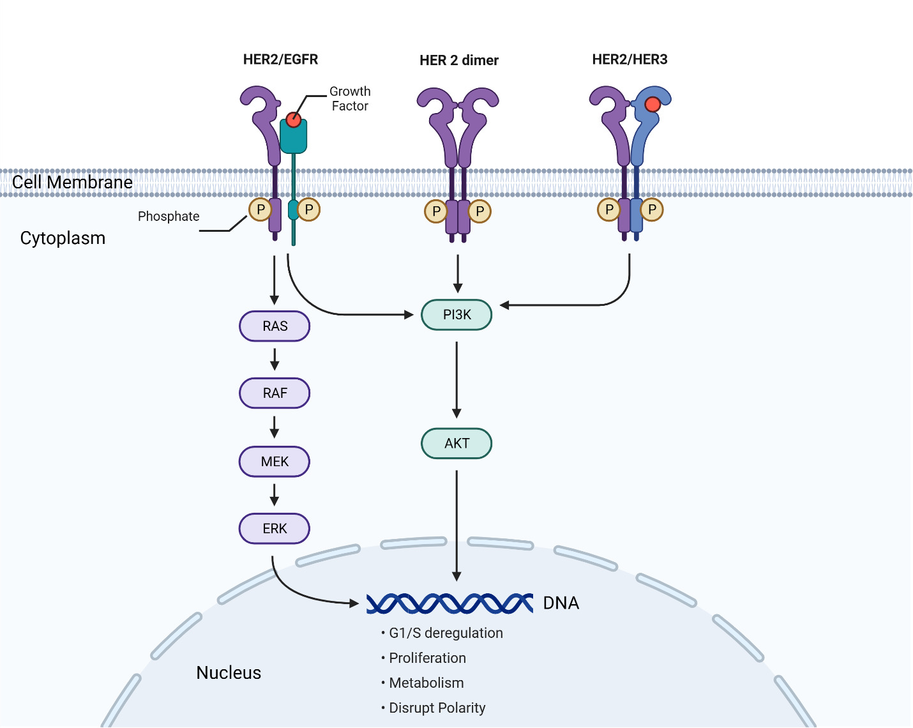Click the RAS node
coord(275,326)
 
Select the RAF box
coord(275,393)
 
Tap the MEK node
coord(275,462)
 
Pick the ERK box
coord(275,529)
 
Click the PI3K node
coord(456,315)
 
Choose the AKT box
coord(456,443)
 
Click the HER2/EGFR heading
coord(280,59)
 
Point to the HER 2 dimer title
coord(458,61)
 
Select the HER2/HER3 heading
coord(630,59)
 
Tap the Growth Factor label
coord(350,99)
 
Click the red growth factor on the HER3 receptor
coord(652,104)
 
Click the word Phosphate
coord(169,216)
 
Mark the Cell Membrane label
coord(72,183)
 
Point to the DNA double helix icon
coord(449,603)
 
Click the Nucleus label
coord(229,673)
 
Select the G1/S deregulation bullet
coord(445,633)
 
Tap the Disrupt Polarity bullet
coord(437,708)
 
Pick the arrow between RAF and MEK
coord(275,427)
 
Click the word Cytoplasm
coord(63,238)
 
